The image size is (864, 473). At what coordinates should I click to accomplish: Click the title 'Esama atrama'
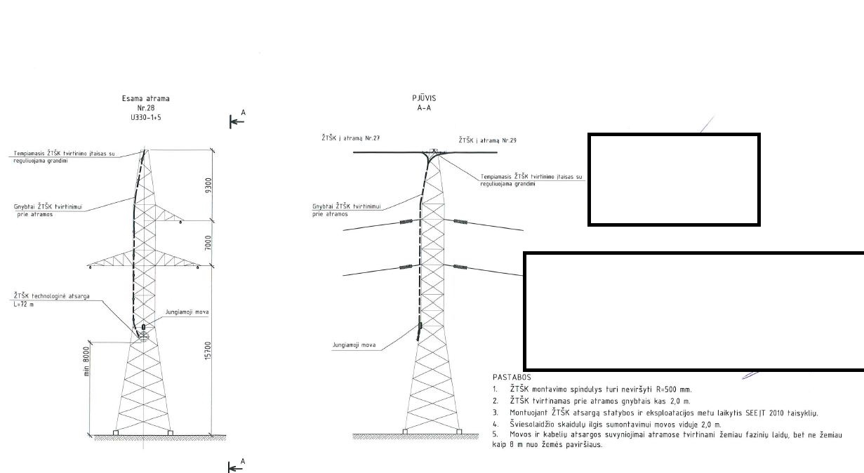point(145,99)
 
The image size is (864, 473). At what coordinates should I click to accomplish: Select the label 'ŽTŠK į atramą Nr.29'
point(487,141)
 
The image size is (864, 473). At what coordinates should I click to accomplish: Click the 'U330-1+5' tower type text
point(145,118)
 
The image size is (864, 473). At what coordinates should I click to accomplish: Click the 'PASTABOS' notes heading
point(512,378)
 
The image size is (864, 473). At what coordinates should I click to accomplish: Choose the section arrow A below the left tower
point(239,465)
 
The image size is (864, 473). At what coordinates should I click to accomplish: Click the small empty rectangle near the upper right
point(674,180)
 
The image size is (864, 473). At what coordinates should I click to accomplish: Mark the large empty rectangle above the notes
point(694,310)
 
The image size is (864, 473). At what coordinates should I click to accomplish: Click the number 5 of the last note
point(495,434)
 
